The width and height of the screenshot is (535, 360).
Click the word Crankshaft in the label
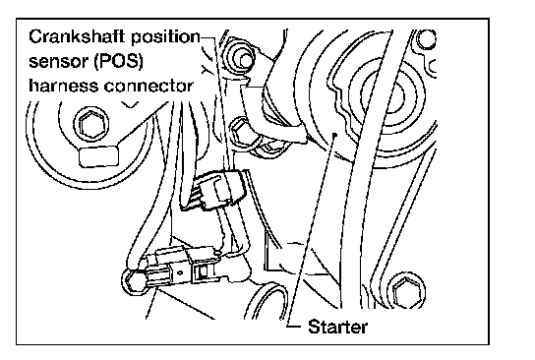click(78, 36)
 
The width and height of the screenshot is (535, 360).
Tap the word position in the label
click(165, 37)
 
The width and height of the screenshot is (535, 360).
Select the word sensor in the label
click(58, 61)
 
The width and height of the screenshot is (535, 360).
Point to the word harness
click(64, 86)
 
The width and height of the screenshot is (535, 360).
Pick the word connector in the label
click(149, 86)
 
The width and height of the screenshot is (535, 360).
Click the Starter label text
click(337, 327)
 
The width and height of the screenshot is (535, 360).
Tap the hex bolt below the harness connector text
click(91, 125)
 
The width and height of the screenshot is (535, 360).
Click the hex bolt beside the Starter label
click(406, 293)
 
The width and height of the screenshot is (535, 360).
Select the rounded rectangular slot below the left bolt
click(99, 157)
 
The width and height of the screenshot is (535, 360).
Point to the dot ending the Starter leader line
click(335, 135)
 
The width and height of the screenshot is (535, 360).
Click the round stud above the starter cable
click(242, 59)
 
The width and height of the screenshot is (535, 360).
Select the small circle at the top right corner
click(426, 39)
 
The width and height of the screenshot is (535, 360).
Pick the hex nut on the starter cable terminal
click(241, 131)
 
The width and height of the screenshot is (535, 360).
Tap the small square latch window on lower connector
click(203, 271)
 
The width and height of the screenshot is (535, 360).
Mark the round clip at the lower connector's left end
click(134, 280)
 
